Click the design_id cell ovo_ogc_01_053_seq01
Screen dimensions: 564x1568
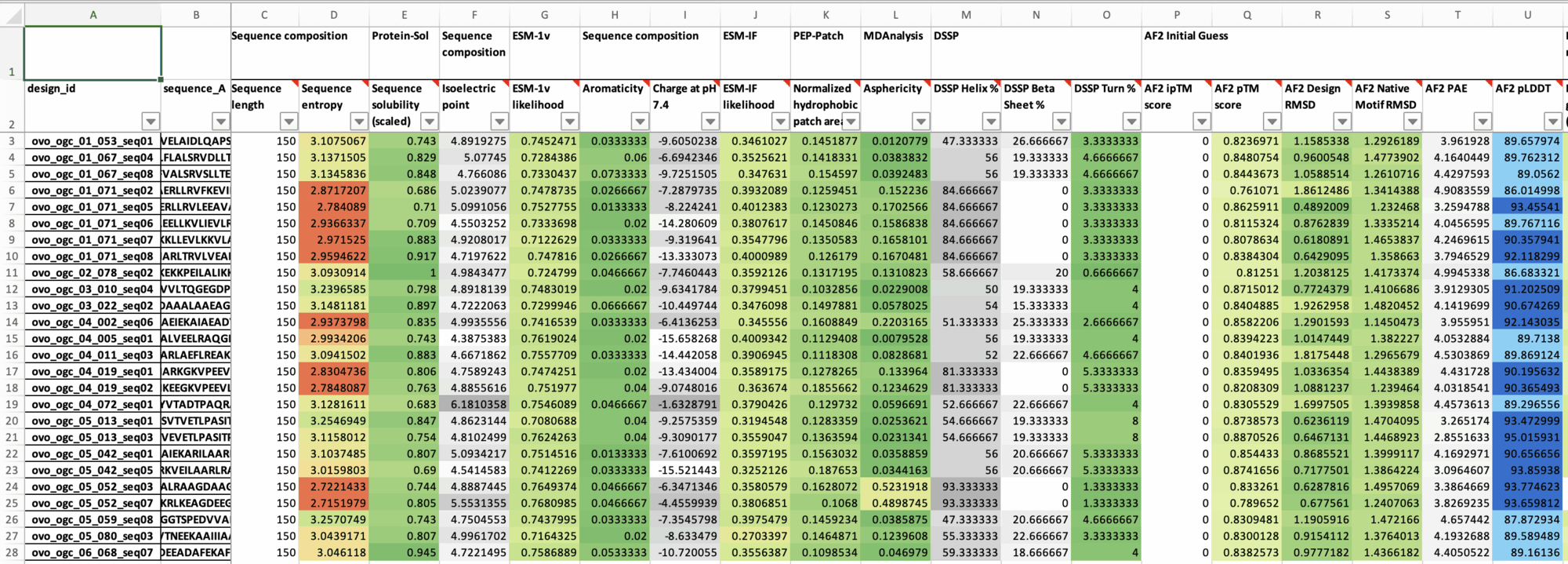click(93, 141)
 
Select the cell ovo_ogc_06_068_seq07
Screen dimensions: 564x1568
click(93, 552)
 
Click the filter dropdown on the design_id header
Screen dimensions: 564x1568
click(151, 121)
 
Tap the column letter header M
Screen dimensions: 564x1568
click(966, 15)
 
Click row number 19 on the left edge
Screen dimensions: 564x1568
click(12, 405)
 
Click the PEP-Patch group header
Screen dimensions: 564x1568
click(818, 36)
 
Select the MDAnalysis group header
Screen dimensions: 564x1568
click(893, 36)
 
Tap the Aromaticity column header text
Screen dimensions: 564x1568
click(612, 89)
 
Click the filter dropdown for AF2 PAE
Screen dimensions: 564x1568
click(1482, 121)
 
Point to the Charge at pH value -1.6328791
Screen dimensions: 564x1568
click(685, 405)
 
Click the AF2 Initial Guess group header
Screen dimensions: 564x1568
click(1185, 36)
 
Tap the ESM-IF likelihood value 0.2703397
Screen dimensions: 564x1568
click(755, 537)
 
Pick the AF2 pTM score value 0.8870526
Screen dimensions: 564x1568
click(1247, 438)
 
